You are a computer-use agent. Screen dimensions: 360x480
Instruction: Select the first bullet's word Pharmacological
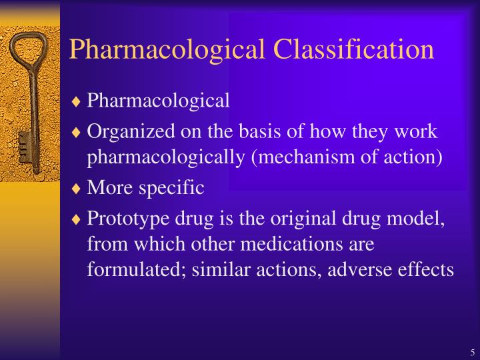(159, 101)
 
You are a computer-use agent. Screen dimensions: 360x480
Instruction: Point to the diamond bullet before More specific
(77, 189)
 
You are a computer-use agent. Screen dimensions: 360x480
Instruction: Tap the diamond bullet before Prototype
(77, 218)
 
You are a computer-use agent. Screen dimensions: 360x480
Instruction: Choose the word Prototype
(125, 218)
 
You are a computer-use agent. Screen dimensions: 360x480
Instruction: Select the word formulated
(134, 270)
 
